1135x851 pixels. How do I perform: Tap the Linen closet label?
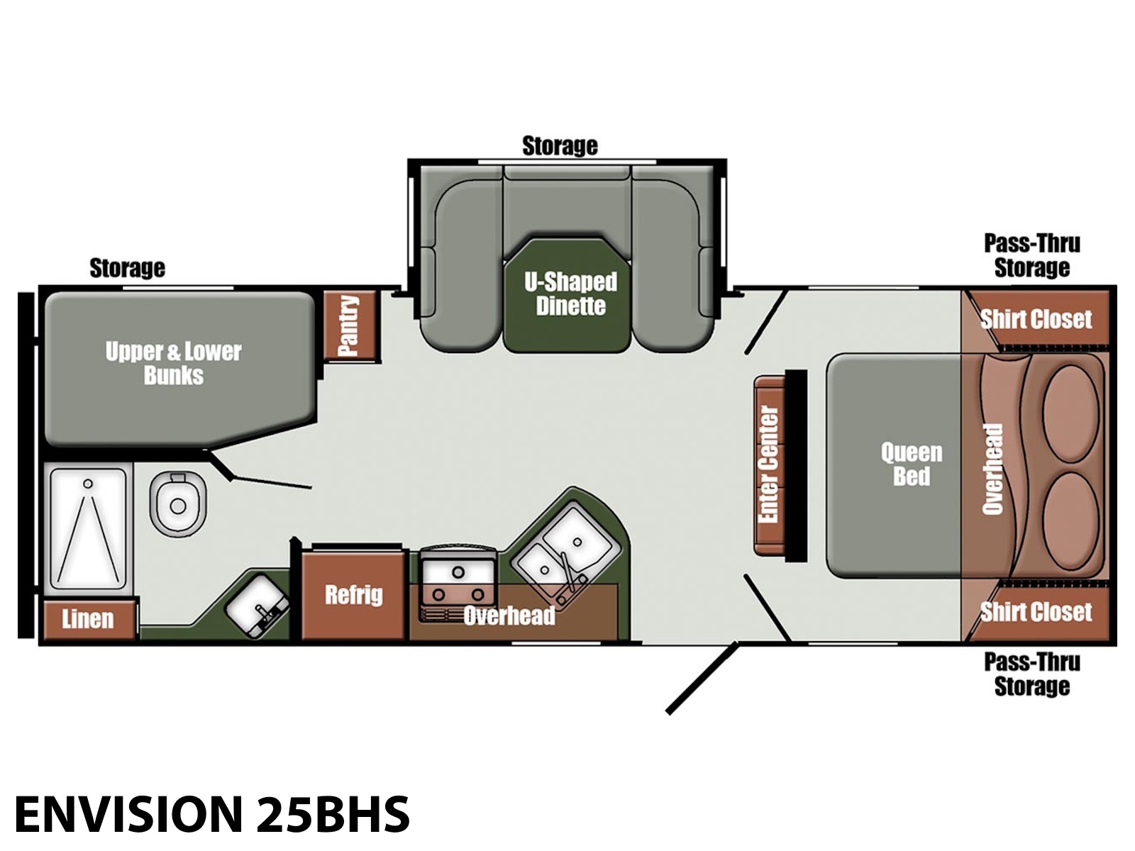pyautogui.click(x=87, y=618)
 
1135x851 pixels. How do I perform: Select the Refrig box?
pyautogui.click(x=354, y=596)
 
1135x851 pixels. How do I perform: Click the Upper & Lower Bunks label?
pyautogui.click(x=173, y=362)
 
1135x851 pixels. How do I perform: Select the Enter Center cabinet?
pyautogui.click(x=770, y=465)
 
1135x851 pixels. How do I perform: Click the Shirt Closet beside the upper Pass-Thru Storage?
pyautogui.click(x=1036, y=318)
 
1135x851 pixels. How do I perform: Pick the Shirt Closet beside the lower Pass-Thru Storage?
pyautogui.click(x=1036, y=612)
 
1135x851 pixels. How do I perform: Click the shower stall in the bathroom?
pyautogui.click(x=88, y=528)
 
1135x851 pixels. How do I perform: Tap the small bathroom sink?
pyautogui.click(x=258, y=606)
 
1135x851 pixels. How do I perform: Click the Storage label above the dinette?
pyautogui.click(x=560, y=145)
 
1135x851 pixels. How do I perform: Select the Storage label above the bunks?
pyautogui.click(x=127, y=268)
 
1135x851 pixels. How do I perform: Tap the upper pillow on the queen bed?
pyautogui.click(x=1071, y=413)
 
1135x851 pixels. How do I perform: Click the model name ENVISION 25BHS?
pyautogui.click(x=212, y=814)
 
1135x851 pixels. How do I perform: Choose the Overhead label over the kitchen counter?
pyautogui.click(x=509, y=615)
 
